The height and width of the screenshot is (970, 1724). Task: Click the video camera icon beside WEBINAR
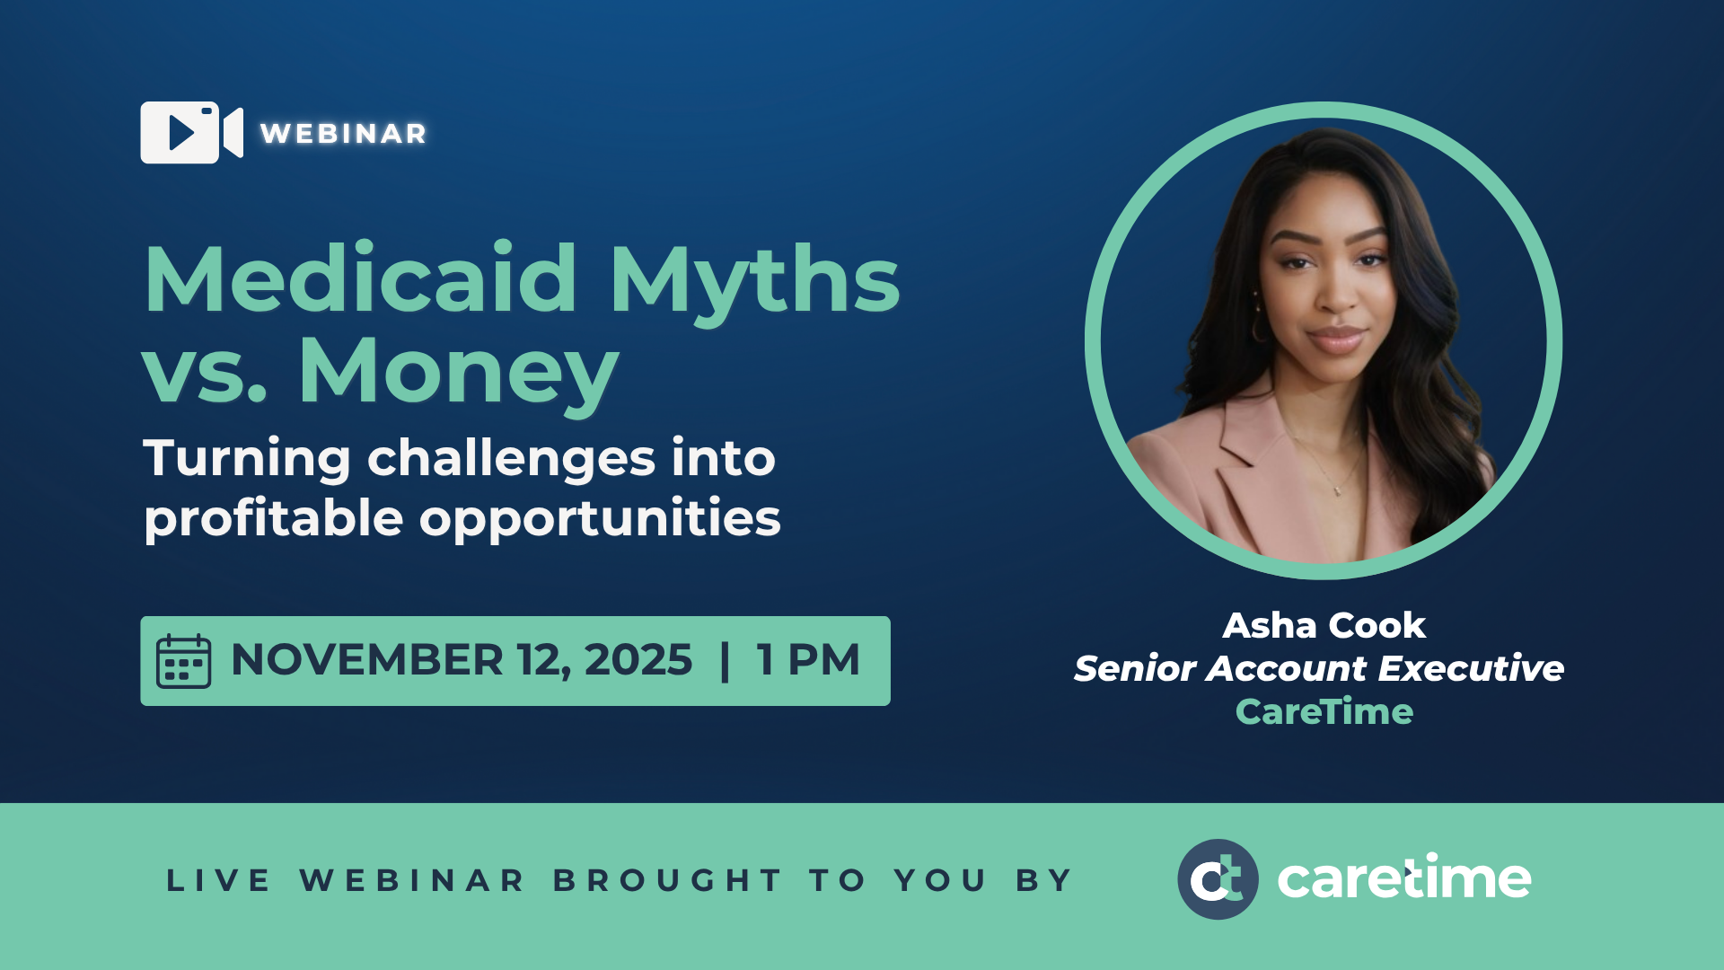(x=190, y=133)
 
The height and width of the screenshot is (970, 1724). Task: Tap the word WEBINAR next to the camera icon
(x=343, y=134)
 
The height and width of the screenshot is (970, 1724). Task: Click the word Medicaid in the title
(x=359, y=280)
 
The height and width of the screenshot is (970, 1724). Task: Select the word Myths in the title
(x=754, y=280)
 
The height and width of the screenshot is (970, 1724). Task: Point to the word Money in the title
(x=458, y=371)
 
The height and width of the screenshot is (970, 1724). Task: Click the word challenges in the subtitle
(x=511, y=459)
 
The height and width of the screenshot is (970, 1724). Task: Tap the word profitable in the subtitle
(x=273, y=519)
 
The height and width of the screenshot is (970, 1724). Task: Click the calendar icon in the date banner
(x=183, y=661)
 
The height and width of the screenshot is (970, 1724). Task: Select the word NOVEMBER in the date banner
(x=366, y=660)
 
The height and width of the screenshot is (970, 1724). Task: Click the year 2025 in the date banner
(x=638, y=660)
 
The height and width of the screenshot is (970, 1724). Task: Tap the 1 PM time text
(x=808, y=660)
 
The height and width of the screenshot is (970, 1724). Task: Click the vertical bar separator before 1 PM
(x=725, y=661)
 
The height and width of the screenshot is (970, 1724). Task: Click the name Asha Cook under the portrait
(x=1324, y=625)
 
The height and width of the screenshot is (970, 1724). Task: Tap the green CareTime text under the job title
(x=1324, y=711)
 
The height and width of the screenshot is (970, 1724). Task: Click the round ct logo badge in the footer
(x=1218, y=879)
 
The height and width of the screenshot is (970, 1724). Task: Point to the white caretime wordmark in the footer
(x=1403, y=878)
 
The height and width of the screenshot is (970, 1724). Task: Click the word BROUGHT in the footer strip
(x=667, y=880)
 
